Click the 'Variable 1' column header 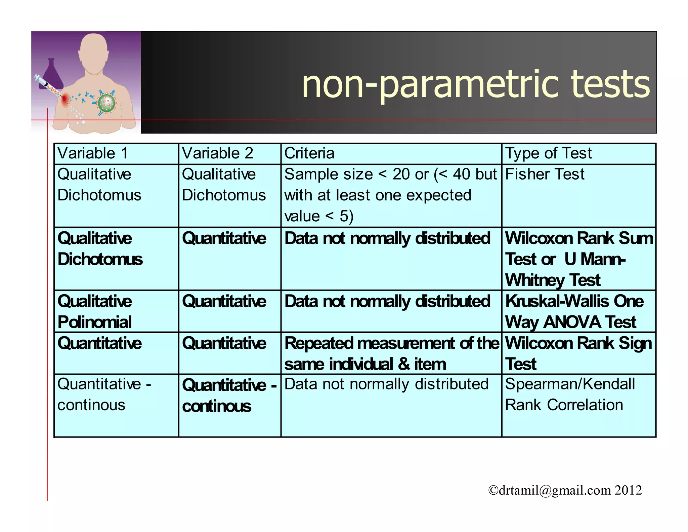pos(93,153)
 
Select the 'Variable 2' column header pos(217,153)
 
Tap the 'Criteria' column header pos(309,153)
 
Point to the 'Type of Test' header pos(548,153)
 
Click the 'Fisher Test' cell pos(545,175)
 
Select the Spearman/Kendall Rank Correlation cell pos(570,394)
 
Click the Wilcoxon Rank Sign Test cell pos(578,353)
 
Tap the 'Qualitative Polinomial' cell pos(95,311)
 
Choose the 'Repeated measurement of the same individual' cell pos(391,353)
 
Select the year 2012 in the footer pos(628,490)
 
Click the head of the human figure pos(94,50)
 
